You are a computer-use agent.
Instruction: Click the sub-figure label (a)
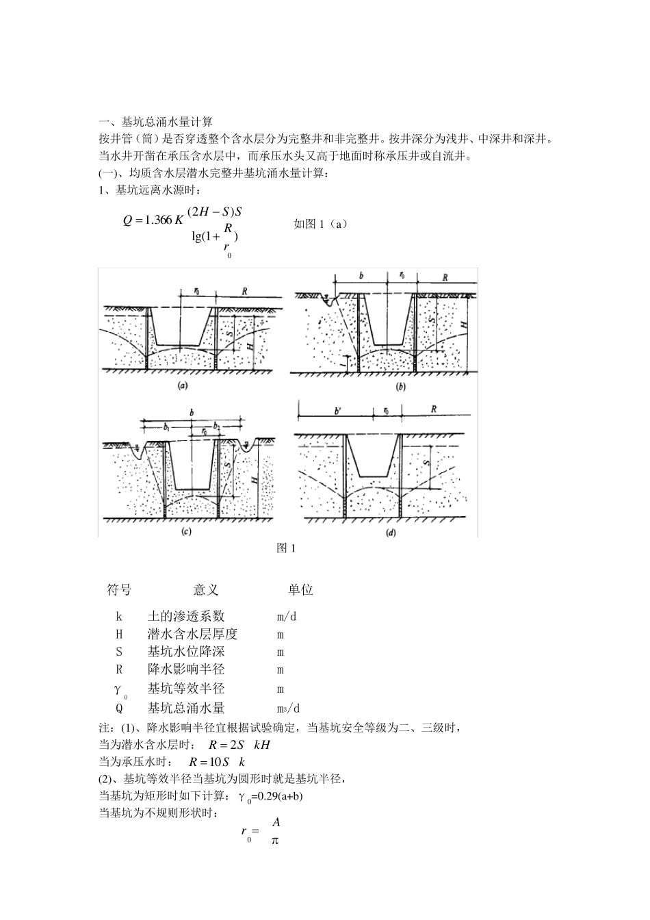[x=183, y=385]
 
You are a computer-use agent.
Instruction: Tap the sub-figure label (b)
[x=401, y=386]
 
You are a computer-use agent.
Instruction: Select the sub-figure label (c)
[x=185, y=531]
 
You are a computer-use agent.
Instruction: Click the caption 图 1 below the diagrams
[x=285, y=548]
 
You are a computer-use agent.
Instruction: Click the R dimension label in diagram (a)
[x=245, y=291]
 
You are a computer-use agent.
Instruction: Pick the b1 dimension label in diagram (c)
[x=166, y=426]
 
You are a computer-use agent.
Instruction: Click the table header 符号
[x=120, y=589]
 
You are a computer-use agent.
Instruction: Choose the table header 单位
[x=300, y=589]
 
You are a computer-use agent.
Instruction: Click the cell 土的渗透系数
[x=186, y=616]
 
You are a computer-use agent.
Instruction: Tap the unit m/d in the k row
[x=287, y=616]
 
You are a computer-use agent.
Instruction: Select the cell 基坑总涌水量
[x=186, y=708]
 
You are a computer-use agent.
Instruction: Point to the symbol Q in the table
[x=119, y=708]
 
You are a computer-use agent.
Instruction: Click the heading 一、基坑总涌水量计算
[x=157, y=123]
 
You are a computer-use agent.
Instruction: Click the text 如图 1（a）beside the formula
[x=320, y=224]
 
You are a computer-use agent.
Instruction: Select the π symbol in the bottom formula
[x=274, y=840]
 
